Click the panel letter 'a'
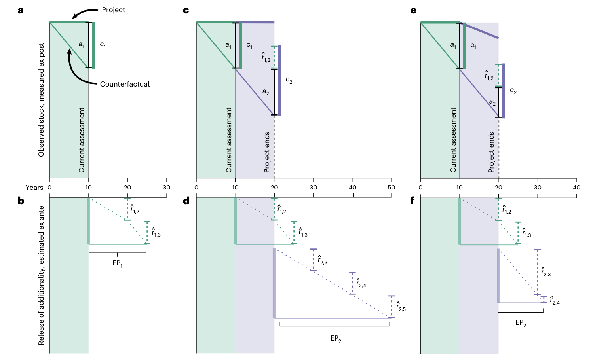click(21, 10)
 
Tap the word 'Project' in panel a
click(113, 10)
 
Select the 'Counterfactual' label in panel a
click(125, 84)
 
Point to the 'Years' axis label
click(34, 188)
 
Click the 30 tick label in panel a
click(166, 188)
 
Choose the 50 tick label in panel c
click(391, 188)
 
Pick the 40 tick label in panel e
click(576, 188)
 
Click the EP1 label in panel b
click(117, 263)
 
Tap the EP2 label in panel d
click(336, 339)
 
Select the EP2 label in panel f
click(521, 323)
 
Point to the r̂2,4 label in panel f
click(555, 301)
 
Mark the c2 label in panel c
click(289, 81)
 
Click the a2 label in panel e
click(492, 102)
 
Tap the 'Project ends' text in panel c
click(267, 152)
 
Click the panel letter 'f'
click(412, 201)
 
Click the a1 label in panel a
click(82, 45)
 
